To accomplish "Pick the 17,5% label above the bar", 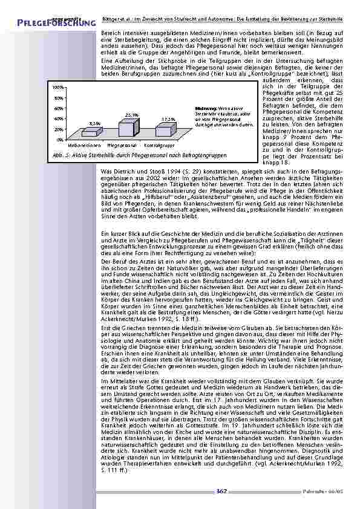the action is [169, 118].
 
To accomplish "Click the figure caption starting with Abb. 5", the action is [139, 155].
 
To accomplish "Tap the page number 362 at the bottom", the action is [221, 491].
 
